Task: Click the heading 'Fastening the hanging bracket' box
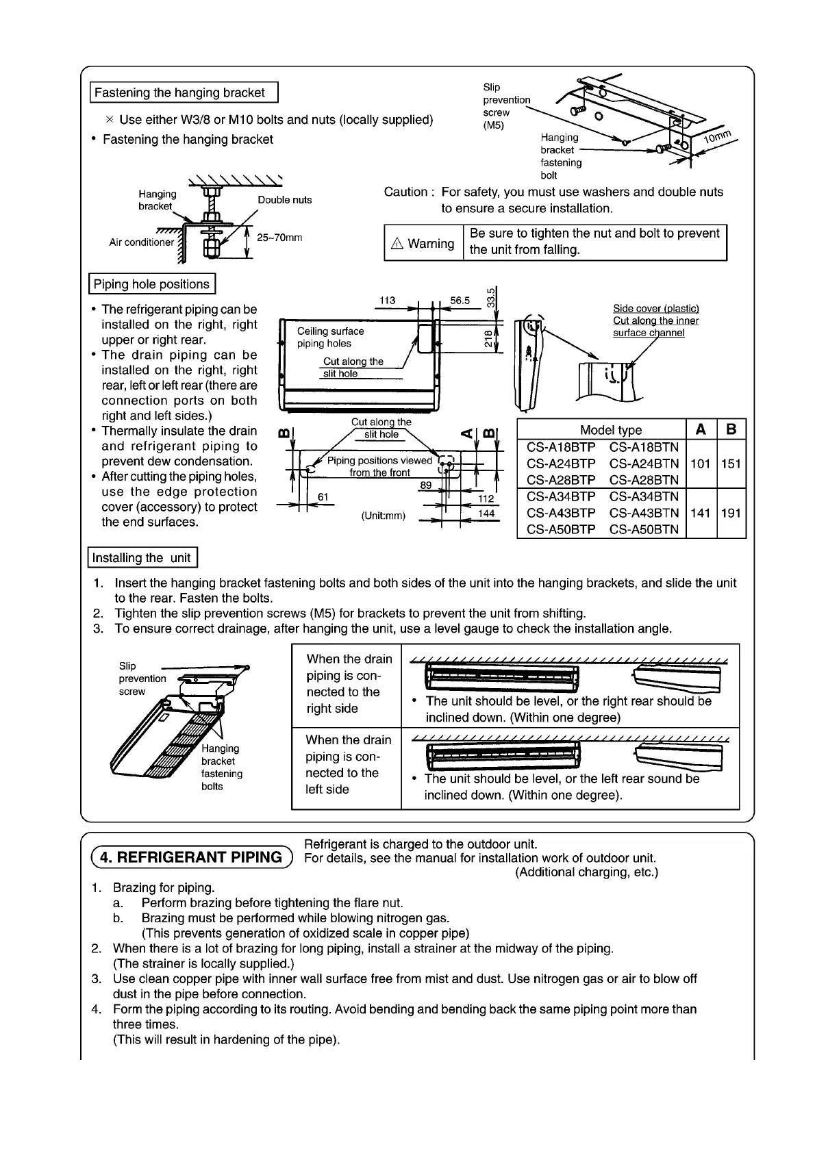point(184,92)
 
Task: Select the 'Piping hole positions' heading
point(152,284)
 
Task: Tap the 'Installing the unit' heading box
point(142,557)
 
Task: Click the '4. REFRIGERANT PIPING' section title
point(190,857)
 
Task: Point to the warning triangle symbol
point(397,244)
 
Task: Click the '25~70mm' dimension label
point(279,238)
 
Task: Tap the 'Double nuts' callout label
point(284,200)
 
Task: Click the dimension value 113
point(388,300)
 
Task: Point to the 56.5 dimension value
point(460,300)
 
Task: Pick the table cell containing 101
point(700,464)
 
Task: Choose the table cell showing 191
point(731,513)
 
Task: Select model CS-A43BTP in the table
point(561,513)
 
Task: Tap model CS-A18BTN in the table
point(644,447)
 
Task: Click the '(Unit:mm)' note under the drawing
point(384,516)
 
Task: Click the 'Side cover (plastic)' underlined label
point(655,309)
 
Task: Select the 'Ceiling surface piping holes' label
point(330,338)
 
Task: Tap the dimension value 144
point(486,514)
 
